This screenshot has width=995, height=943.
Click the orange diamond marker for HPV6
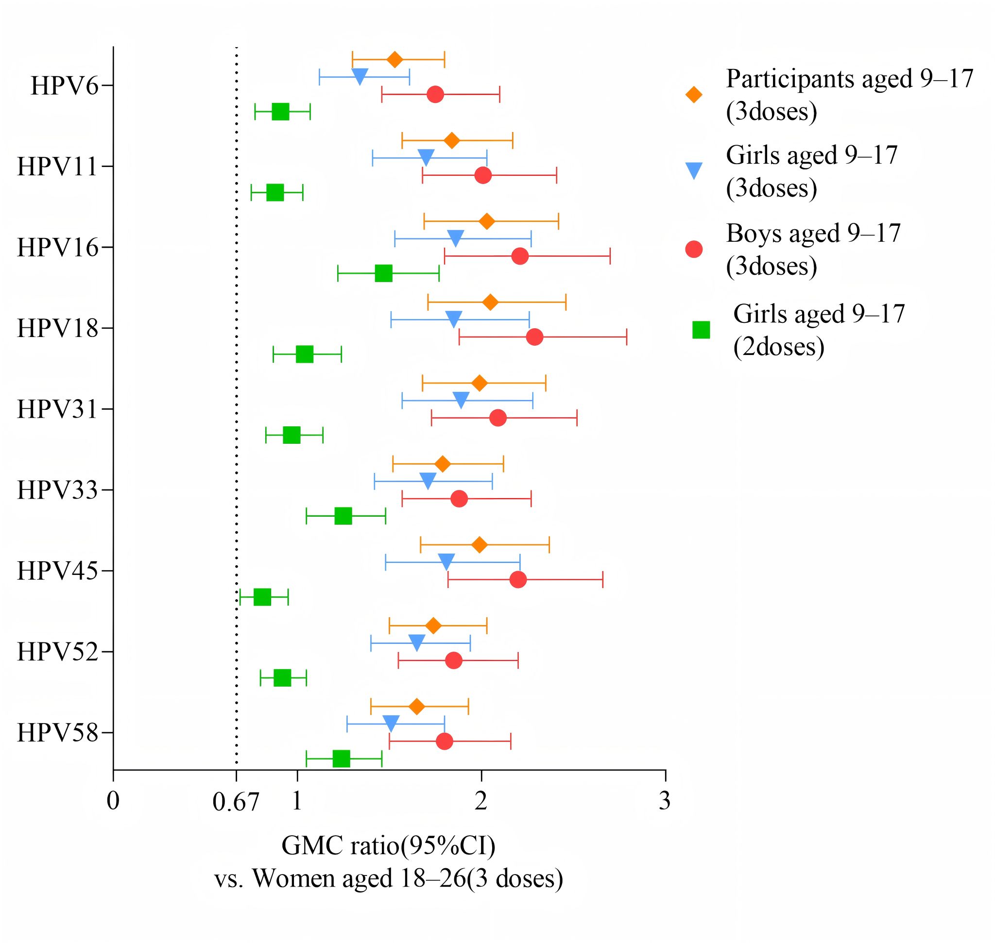click(x=395, y=59)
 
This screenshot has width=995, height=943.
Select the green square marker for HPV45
click(x=262, y=597)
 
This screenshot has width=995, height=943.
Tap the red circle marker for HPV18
click(x=535, y=337)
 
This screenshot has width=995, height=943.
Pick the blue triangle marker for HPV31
click(x=461, y=400)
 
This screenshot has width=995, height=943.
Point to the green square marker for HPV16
click(x=384, y=274)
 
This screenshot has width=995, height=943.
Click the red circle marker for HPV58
click(x=445, y=741)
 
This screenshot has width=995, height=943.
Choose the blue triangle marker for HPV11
click(x=426, y=157)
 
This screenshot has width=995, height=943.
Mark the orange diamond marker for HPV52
click(x=433, y=626)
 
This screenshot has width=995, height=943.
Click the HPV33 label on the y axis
click(x=57, y=490)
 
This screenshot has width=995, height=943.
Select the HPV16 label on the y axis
click(x=57, y=247)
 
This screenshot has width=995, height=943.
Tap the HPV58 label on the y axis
click(x=57, y=733)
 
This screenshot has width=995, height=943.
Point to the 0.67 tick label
click(x=236, y=802)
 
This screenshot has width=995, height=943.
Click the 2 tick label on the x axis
click(x=481, y=801)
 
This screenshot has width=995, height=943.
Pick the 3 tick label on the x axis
click(x=665, y=801)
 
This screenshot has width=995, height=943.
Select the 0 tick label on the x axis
click(x=113, y=801)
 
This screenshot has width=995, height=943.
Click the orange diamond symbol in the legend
click(x=694, y=95)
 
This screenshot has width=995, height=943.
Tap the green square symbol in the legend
click(x=701, y=330)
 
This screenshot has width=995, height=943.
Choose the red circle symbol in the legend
click(x=694, y=249)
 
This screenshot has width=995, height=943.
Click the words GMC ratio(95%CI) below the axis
click(x=388, y=845)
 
